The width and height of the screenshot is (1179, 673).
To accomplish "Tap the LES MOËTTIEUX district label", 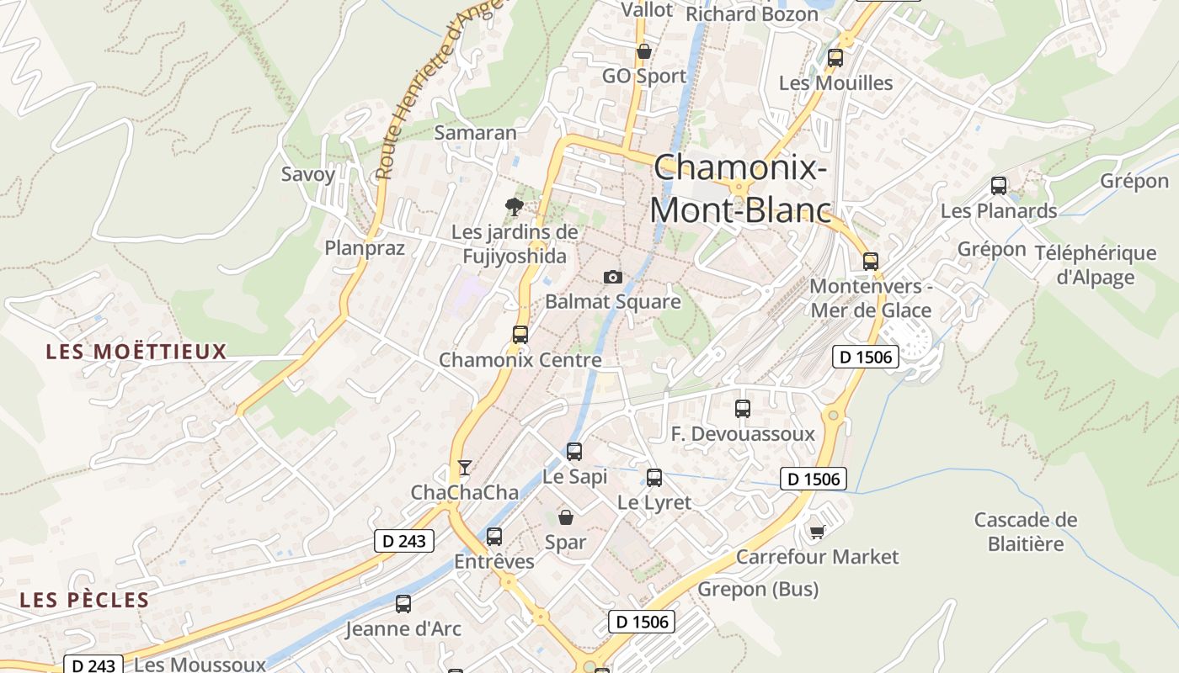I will [136, 352].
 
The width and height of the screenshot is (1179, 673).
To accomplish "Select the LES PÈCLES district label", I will [84, 600].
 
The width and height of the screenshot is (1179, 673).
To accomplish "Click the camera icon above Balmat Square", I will [613, 277].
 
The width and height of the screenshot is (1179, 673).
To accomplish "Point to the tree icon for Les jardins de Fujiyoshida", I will [514, 206].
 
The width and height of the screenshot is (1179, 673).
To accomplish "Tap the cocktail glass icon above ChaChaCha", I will [464, 467].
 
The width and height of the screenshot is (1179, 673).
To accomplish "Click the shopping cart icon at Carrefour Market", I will [817, 532].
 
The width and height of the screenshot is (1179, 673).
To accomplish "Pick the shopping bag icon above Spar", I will [566, 517].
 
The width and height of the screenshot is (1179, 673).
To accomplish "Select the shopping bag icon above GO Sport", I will [644, 51].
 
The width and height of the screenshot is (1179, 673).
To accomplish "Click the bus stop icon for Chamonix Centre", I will [520, 334].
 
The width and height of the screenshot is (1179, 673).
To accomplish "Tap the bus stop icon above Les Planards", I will [999, 186].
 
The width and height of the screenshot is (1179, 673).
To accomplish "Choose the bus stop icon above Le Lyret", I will [654, 478].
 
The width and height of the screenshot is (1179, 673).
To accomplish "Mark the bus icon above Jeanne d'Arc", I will [403, 603].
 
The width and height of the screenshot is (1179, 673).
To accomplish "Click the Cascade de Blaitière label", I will [1026, 532].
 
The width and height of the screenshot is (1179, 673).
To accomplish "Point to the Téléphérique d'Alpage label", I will [1095, 265].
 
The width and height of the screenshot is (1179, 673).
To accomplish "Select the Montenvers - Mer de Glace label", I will [871, 298].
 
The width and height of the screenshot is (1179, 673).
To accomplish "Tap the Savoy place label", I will [308, 175].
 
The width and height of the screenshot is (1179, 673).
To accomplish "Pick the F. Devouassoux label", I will [743, 434].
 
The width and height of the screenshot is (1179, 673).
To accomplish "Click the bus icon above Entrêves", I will [494, 536].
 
